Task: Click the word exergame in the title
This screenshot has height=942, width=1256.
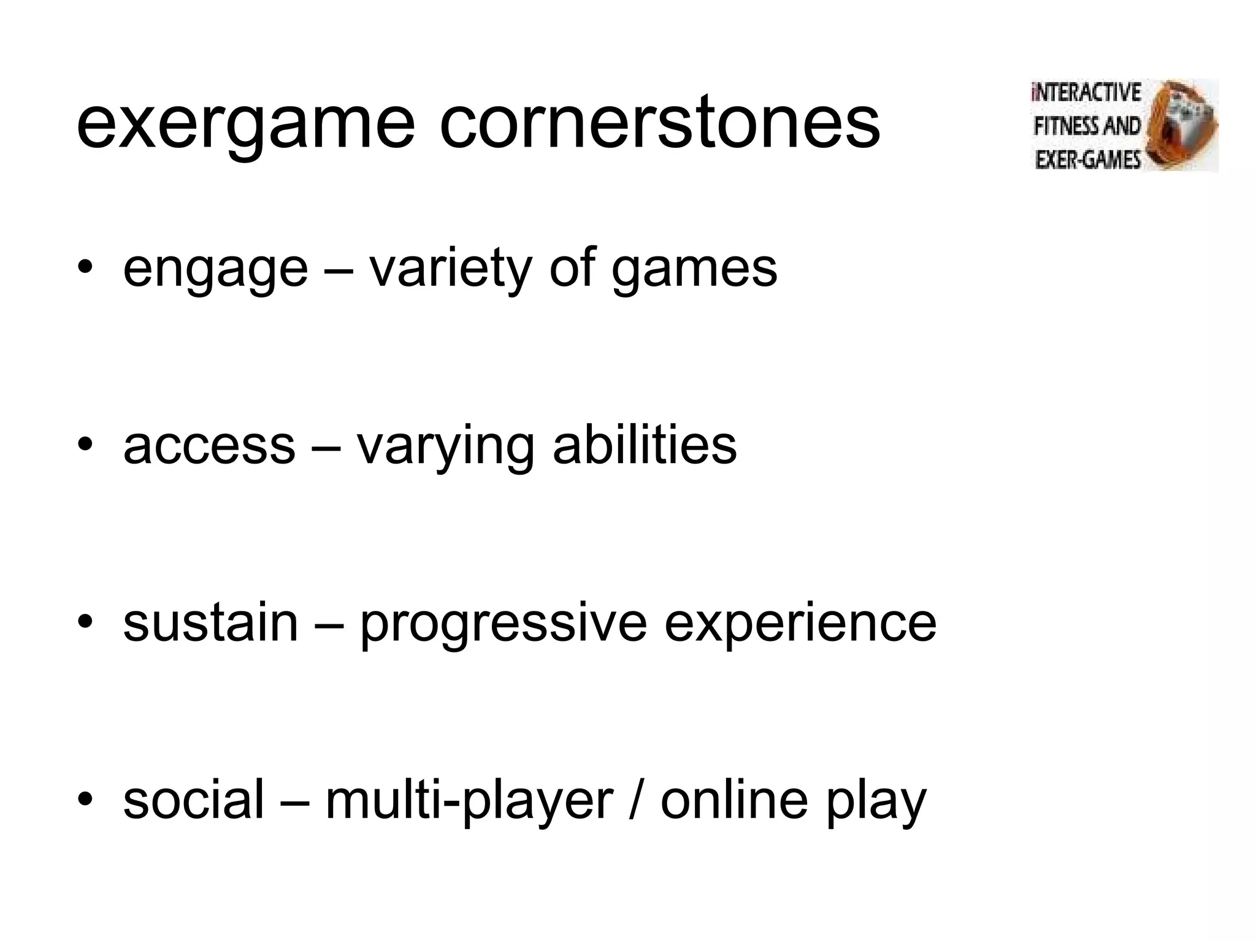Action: click(245, 126)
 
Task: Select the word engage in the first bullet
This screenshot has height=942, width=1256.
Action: click(215, 270)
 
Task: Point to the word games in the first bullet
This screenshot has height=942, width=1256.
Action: click(694, 270)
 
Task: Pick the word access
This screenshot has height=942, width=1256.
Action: click(209, 446)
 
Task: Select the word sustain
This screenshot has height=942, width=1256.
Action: click(210, 622)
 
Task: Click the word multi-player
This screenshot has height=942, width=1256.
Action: click(469, 800)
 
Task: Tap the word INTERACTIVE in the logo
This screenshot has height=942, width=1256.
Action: click(1086, 93)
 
